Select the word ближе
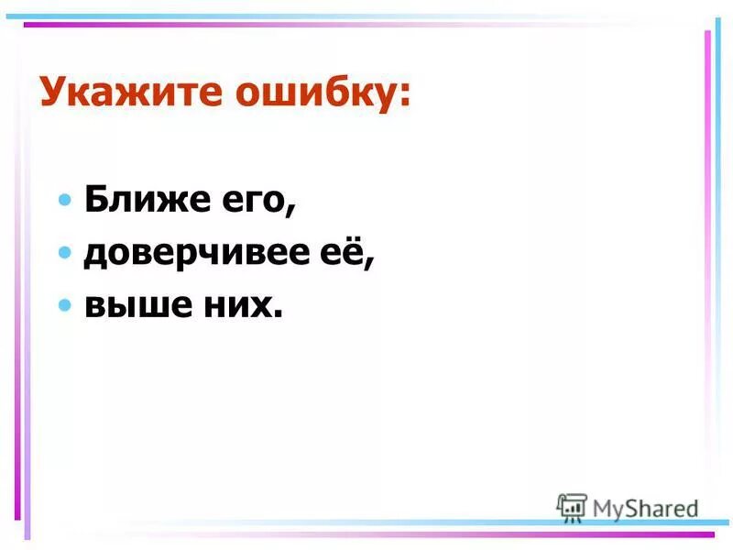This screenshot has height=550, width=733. click(x=147, y=200)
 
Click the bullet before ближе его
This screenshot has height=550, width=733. click(x=65, y=200)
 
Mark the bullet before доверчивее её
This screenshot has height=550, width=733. click(x=65, y=253)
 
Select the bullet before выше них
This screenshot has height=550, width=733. click(x=65, y=305)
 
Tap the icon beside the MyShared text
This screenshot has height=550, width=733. click(x=572, y=507)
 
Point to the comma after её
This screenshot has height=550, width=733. click(x=370, y=265)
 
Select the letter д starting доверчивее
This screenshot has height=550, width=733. click(x=95, y=254)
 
